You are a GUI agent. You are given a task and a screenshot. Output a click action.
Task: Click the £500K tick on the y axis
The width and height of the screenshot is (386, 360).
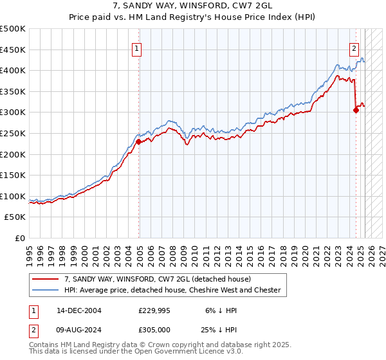tap(13, 28)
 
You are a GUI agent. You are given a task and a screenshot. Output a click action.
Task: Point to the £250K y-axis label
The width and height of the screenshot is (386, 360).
tap(13, 133)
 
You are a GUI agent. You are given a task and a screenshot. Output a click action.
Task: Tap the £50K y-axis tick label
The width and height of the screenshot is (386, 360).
tap(15, 217)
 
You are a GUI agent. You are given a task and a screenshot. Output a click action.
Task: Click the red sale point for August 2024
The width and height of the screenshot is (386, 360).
tap(356, 110)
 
